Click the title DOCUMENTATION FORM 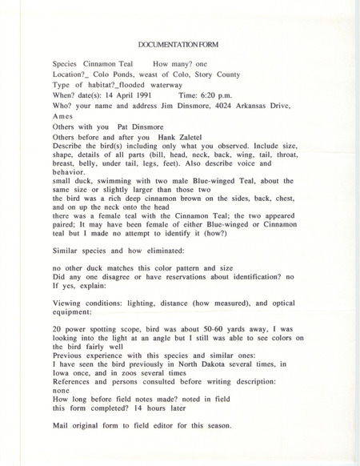[180, 46]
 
